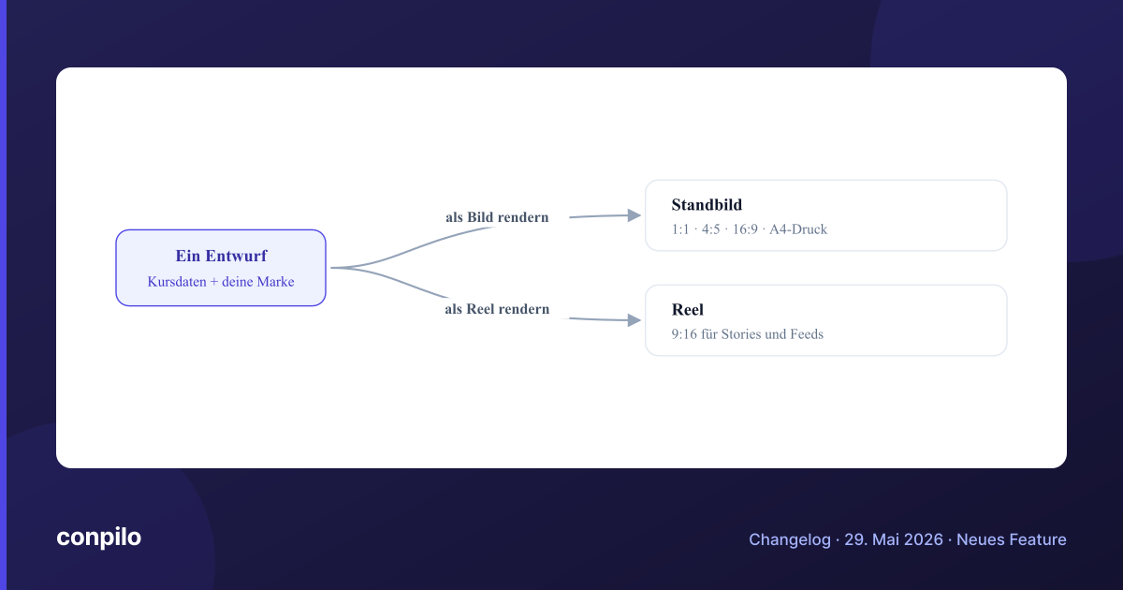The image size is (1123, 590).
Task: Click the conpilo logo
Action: pyautogui.click(x=99, y=538)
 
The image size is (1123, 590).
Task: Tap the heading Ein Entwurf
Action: pyautogui.click(x=221, y=256)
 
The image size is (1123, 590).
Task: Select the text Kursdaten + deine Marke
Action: pyautogui.click(x=221, y=282)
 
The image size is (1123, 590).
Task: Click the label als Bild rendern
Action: pyautogui.click(x=497, y=217)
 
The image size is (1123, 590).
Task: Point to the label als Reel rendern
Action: pyautogui.click(x=497, y=308)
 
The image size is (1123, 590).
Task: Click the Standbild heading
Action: pyautogui.click(x=707, y=205)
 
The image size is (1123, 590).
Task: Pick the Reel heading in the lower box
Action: pyautogui.click(x=687, y=310)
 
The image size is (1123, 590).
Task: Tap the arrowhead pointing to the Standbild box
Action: pyautogui.click(x=634, y=215)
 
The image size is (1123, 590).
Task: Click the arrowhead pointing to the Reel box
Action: pyautogui.click(x=634, y=320)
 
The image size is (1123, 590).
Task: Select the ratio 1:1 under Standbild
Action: pyautogui.click(x=680, y=229)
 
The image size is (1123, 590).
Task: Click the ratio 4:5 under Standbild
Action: pyautogui.click(x=710, y=229)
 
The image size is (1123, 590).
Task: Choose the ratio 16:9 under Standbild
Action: pyautogui.click(x=745, y=229)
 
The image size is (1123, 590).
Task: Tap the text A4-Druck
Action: pyautogui.click(x=798, y=229)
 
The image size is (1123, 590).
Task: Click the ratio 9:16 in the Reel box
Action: pyautogui.click(x=684, y=334)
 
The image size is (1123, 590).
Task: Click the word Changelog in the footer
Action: pyautogui.click(x=790, y=539)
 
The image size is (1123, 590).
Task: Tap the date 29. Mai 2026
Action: pyautogui.click(x=894, y=539)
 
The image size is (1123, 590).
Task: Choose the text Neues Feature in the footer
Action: pyautogui.click(x=1012, y=539)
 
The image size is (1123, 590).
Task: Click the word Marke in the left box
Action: pyautogui.click(x=276, y=282)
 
